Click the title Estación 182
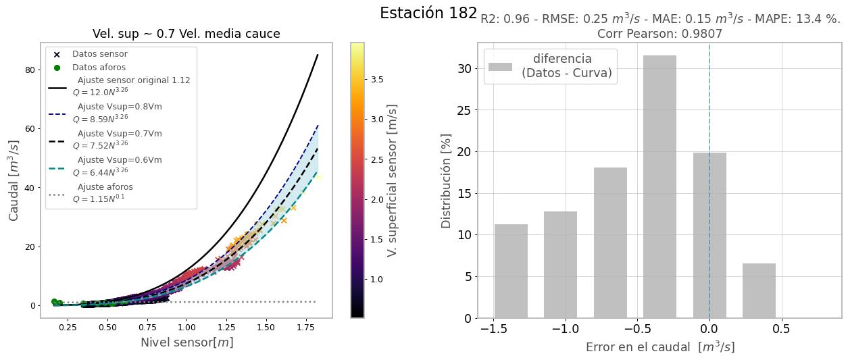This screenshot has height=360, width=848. pyautogui.click(x=428, y=14)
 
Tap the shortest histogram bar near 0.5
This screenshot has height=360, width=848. pyautogui.click(x=759, y=290)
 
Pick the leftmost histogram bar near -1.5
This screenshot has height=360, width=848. pyautogui.click(x=511, y=271)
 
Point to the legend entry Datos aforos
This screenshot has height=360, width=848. pyautogui.click(x=99, y=68)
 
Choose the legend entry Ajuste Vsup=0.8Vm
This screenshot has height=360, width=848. pyautogui.click(x=120, y=107)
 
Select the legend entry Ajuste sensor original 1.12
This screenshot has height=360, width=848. pyautogui.click(x=133, y=80)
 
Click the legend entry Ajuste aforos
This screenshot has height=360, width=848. pyautogui.click(x=105, y=187)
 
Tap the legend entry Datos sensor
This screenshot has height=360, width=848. pyautogui.click(x=99, y=54)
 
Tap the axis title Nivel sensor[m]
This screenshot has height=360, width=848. pyautogui.click(x=186, y=342)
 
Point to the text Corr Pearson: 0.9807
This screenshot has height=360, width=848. pyautogui.click(x=659, y=34)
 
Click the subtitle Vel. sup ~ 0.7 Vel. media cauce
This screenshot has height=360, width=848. pyautogui.click(x=186, y=34)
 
